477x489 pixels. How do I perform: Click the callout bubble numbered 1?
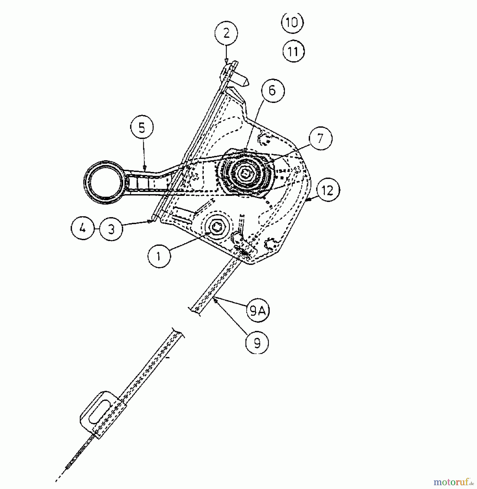(x=159, y=256)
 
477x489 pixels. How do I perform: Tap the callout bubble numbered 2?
(x=226, y=34)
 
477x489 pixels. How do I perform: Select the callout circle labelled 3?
(x=111, y=229)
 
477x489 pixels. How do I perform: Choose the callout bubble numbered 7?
(x=320, y=138)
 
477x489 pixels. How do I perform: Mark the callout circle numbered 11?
(x=293, y=51)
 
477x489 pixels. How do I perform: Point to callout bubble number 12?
(x=328, y=191)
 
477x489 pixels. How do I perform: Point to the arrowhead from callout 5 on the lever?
(x=144, y=168)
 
